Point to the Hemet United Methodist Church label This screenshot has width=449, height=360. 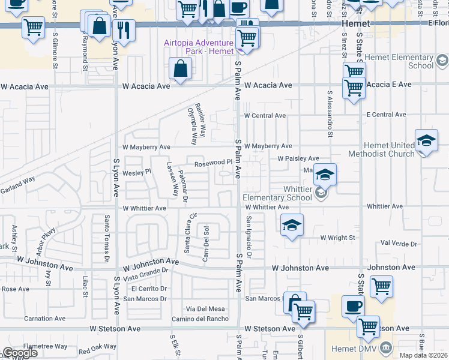(x=389, y=149)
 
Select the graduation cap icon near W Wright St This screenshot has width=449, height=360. (x=292, y=225)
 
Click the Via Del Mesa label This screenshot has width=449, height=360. (x=205, y=308)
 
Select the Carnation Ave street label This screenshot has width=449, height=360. (x=46, y=319)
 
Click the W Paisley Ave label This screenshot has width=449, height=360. (x=298, y=158)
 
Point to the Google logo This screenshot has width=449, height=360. (x=20, y=353)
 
